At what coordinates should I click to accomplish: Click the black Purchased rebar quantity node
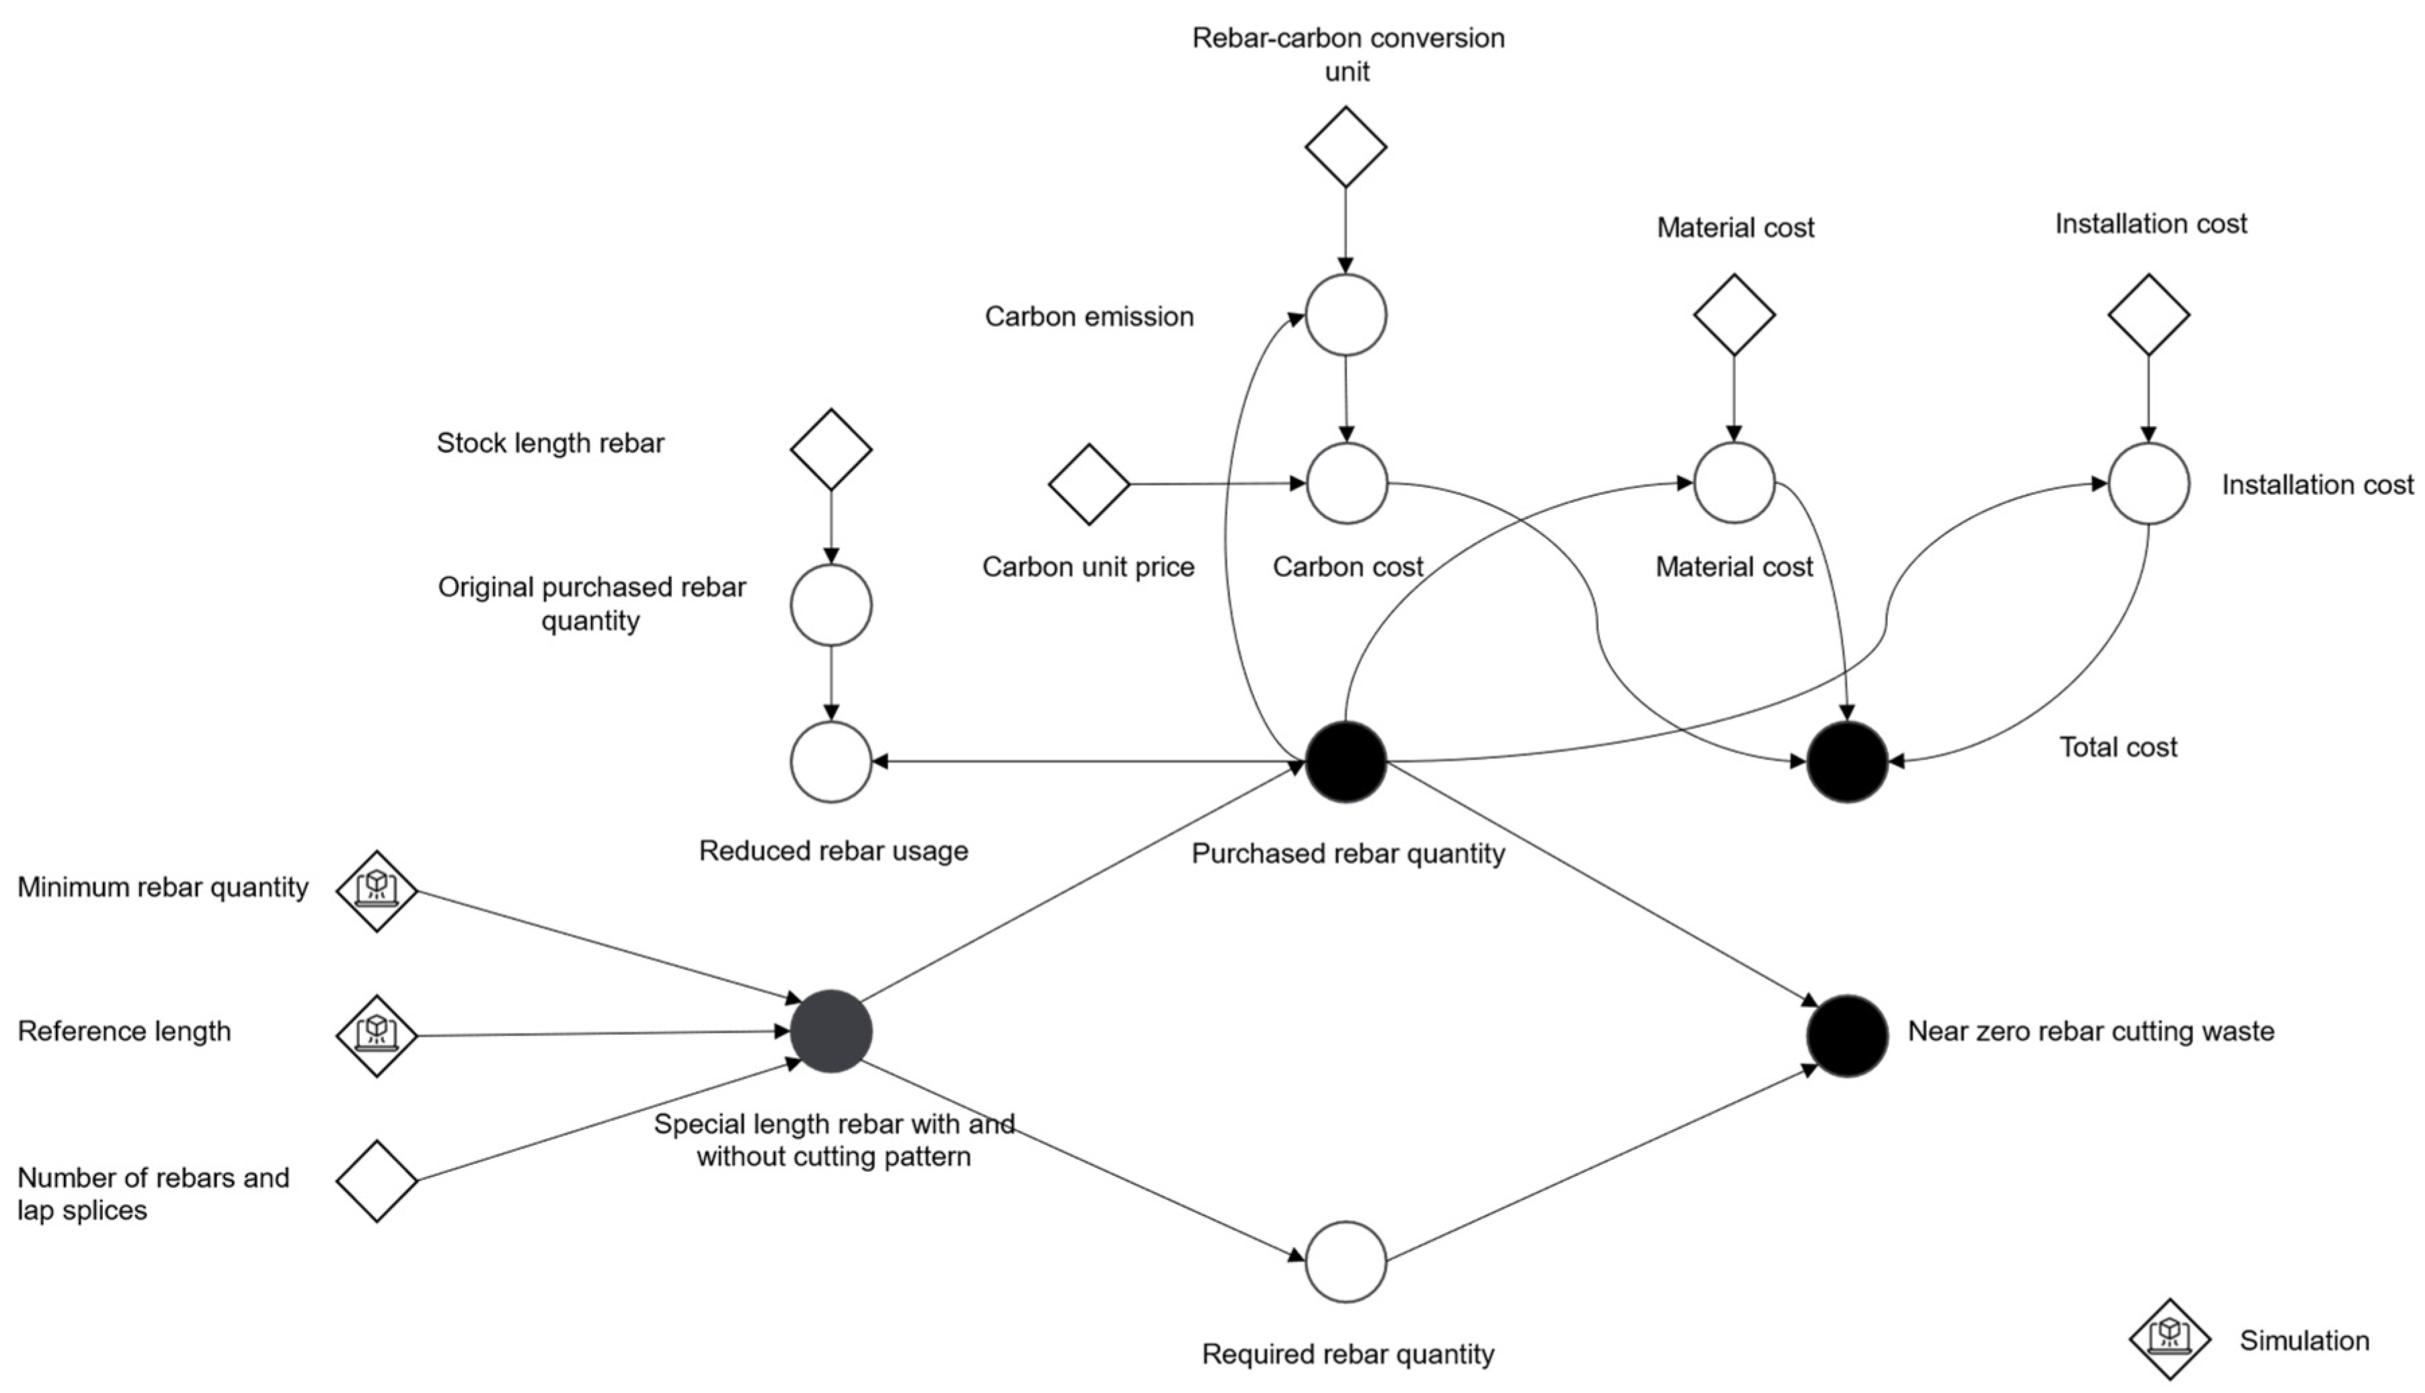click(x=1346, y=762)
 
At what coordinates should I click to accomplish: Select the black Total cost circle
click(x=1847, y=762)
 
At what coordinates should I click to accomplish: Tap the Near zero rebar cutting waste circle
click(x=1847, y=1035)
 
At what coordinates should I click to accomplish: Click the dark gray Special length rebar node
click(x=831, y=1031)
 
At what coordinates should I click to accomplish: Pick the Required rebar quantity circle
click(x=1346, y=1262)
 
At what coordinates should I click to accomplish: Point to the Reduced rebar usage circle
click(x=831, y=762)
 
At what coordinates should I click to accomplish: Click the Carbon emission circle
click(x=1346, y=315)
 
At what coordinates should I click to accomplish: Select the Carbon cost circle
click(x=1347, y=483)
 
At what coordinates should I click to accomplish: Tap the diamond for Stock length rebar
click(x=831, y=450)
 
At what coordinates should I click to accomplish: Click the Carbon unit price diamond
click(x=1090, y=484)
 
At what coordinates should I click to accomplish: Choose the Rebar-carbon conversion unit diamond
click(x=1346, y=147)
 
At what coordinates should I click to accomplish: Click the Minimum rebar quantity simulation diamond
click(x=377, y=891)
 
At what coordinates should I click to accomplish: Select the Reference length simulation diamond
click(x=377, y=1036)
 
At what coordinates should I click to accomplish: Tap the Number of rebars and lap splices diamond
click(x=377, y=1181)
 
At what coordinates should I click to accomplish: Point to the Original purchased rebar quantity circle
click(x=831, y=604)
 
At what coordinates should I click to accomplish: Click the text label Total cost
click(x=2118, y=747)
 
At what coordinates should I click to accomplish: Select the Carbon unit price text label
click(x=1088, y=567)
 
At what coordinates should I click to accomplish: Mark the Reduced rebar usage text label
click(x=833, y=850)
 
